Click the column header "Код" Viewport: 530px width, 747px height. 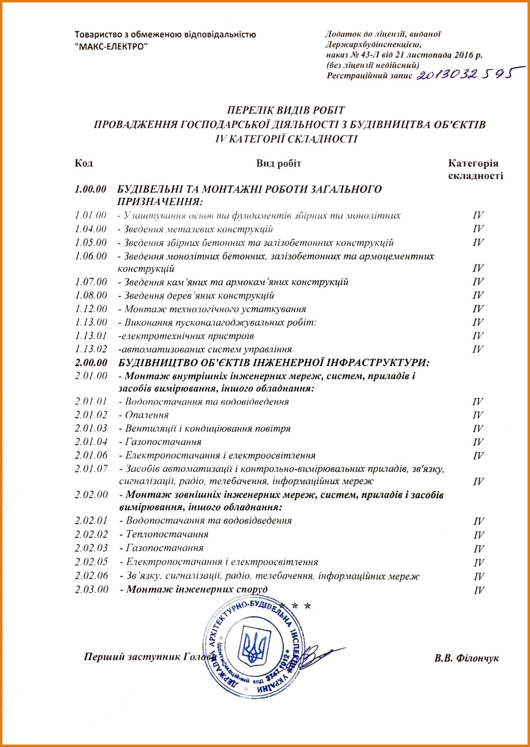(x=84, y=163)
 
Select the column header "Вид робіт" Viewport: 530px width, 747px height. (x=278, y=163)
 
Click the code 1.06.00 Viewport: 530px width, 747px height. (x=91, y=256)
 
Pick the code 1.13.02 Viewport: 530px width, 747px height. (x=91, y=349)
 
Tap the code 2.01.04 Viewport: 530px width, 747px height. (x=91, y=442)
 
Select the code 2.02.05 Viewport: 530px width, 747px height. (x=91, y=562)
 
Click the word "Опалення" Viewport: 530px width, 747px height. (x=147, y=415)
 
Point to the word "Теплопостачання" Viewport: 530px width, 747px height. (x=167, y=534)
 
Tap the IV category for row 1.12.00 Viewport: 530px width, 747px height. (x=478, y=309)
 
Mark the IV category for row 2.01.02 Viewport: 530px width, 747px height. (x=478, y=415)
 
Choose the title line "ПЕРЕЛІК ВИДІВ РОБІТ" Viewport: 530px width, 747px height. (x=286, y=110)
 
